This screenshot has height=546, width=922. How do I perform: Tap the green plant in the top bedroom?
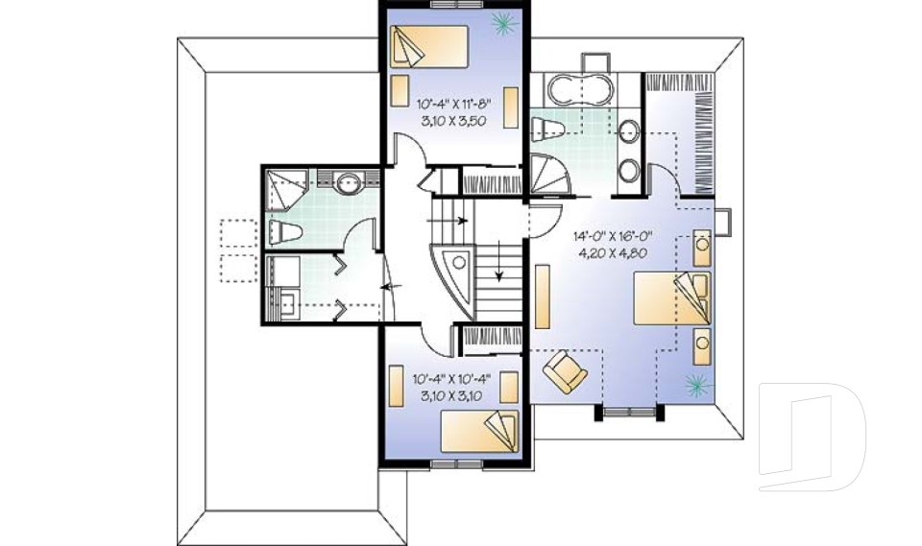point(499,22)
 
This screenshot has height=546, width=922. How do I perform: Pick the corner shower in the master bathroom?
point(550,173)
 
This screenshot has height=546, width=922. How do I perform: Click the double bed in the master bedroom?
point(671,300)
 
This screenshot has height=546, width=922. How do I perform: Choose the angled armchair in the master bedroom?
point(564,371)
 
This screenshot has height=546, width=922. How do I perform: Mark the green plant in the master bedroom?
point(693,386)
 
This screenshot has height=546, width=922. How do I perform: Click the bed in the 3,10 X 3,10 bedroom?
point(478,430)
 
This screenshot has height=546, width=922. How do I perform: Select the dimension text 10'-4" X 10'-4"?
point(453,378)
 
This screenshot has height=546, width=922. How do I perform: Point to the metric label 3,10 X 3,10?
point(453,394)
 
